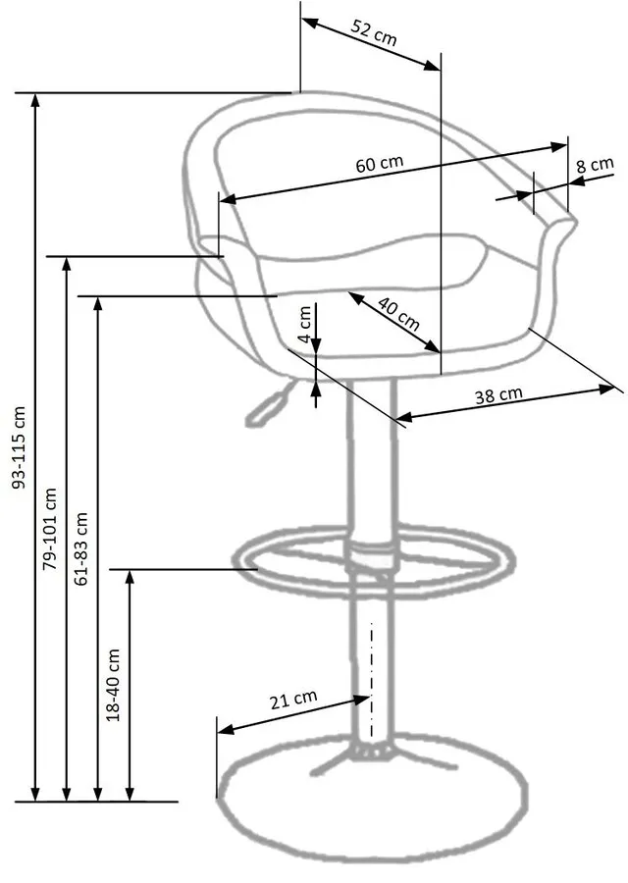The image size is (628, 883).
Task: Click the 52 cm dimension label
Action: pos(375,31)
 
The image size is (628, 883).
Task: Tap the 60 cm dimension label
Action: pos(380,163)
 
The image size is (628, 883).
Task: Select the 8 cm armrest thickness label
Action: pos(595,166)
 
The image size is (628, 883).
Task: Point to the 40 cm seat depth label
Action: pos(398,313)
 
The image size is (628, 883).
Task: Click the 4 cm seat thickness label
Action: pos(305,325)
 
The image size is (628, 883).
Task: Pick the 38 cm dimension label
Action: pos(498,395)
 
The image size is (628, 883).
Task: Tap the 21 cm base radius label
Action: pos(293,700)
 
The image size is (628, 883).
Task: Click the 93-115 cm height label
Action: pos(20,446)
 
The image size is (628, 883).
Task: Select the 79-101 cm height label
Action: pos(51,529)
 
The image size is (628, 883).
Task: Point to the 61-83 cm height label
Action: pos(81,549)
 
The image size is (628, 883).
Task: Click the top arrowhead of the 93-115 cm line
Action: pos(35,100)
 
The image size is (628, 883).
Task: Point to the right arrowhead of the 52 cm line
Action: pos(433,66)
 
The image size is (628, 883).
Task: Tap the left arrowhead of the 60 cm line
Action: pos(227,199)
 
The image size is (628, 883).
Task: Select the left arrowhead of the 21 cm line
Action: pos(225,730)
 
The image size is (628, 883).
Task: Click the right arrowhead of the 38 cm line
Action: pos(606,388)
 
